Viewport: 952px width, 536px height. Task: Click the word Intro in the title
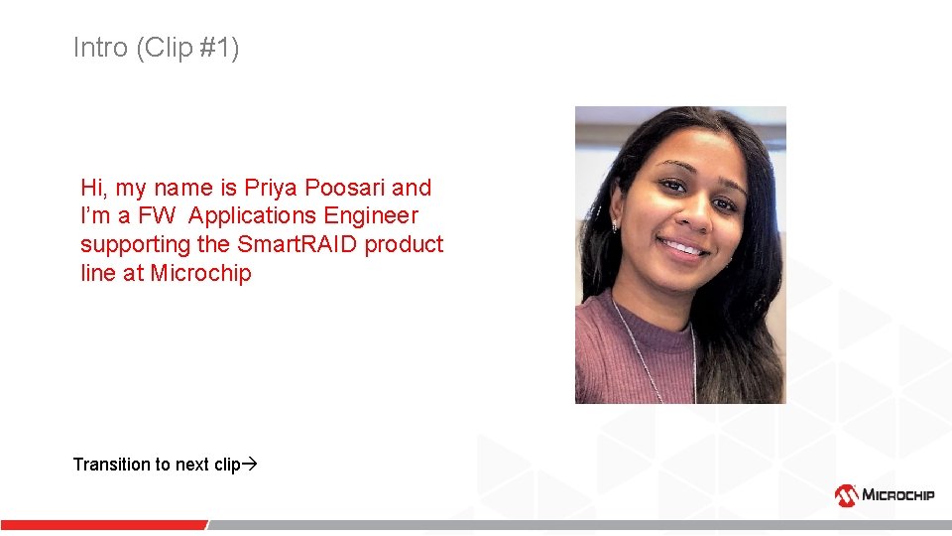[x=100, y=48]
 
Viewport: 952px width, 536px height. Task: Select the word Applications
[x=253, y=215]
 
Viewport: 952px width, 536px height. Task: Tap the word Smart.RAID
[x=297, y=244]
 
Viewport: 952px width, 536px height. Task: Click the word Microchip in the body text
[x=201, y=273]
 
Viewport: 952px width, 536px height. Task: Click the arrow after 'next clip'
[x=250, y=464]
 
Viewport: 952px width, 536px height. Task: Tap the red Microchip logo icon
[x=846, y=494]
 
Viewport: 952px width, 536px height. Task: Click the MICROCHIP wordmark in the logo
[x=897, y=494]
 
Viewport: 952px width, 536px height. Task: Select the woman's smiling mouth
[x=681, y=246]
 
